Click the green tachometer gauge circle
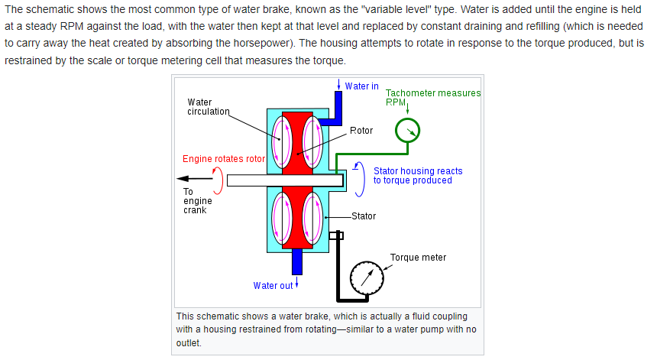407,131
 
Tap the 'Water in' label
361,86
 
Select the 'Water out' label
273,286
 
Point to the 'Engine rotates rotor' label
223,159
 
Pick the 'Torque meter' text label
418,258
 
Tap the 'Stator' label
364,216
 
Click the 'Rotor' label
361,131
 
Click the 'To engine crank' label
196,201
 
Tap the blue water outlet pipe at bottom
296,262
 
